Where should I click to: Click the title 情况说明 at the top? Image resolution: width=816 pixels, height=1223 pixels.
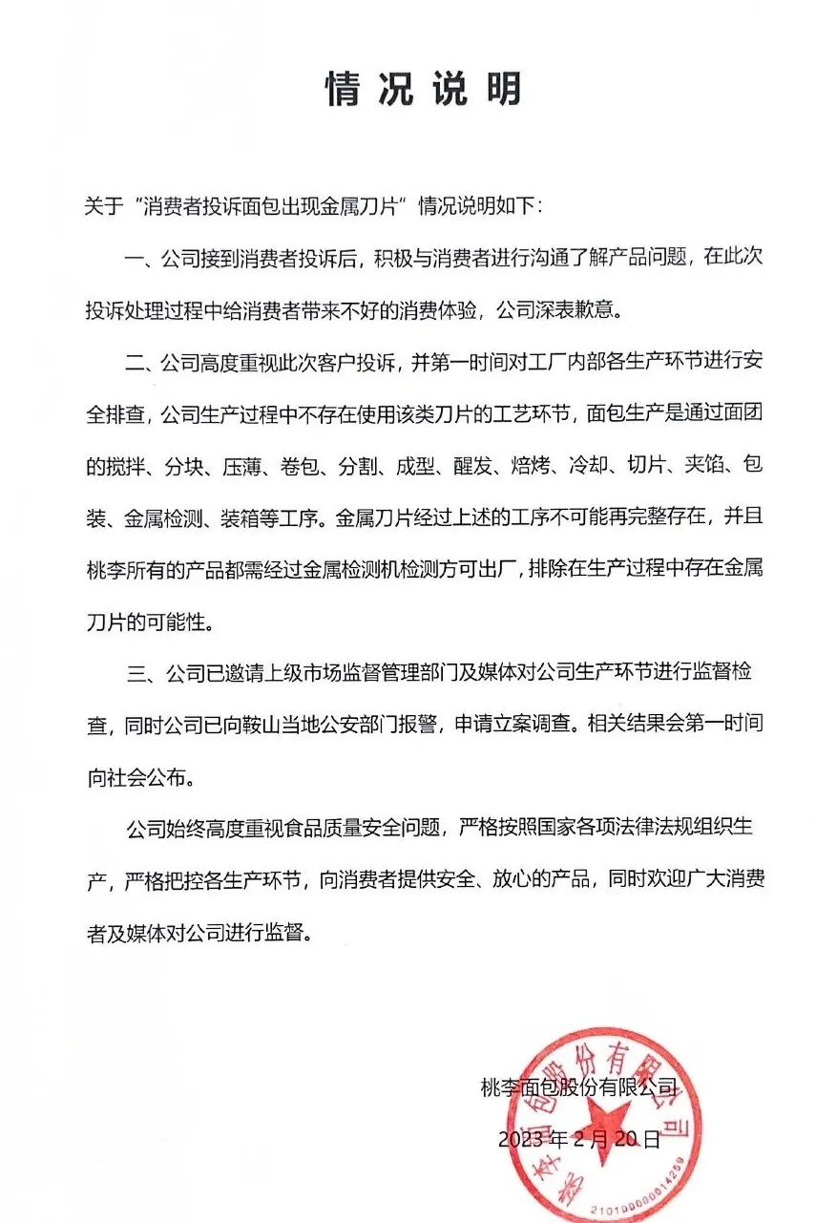pos(423,90)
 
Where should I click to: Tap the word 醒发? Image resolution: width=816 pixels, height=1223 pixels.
pos(472,467)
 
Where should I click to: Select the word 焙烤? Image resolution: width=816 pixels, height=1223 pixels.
pos(540,467)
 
